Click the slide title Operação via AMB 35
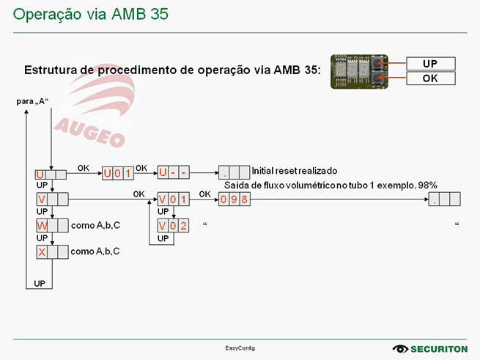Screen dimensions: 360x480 [x=91, y=14]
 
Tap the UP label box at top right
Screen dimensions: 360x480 [x=429, y=64]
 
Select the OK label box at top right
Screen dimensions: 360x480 [x=429, y=78]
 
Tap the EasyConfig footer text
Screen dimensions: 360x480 [x=240, y=348]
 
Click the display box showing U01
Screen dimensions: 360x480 [x=117, y=174]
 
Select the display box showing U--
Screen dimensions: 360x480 [x=174, y=174]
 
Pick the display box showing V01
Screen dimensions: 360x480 [x=173, y=199]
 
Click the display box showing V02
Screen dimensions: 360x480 [x=173, y=225]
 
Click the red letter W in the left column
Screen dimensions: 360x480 [x=42, y=227]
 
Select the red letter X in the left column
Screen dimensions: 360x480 [x=42, y=252]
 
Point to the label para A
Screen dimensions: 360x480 [x=32, y=101]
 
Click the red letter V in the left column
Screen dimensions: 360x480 [x=42, y=199]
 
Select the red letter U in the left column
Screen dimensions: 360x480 [x=40, y=175]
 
